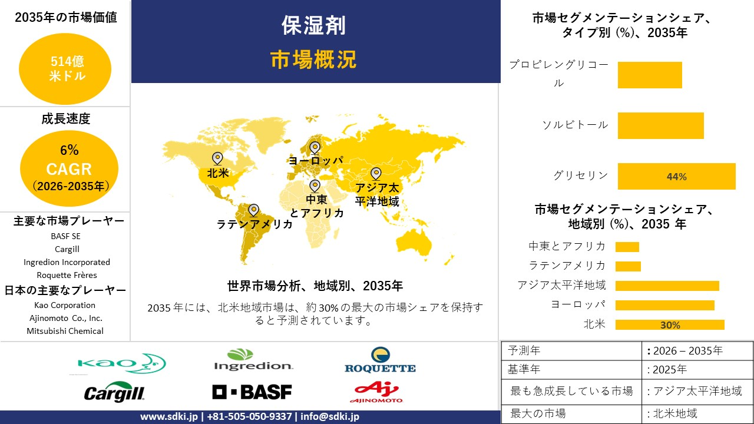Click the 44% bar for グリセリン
pos(677,176)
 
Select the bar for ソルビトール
pos(661,125)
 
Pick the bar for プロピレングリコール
pos(650,75)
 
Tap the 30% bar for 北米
pos(670,324)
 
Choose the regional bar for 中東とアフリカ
pos(627,247)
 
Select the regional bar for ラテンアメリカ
pos(628,266)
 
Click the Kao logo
pos(122,363)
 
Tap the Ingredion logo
pos(253,360)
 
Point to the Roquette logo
pos(380,360)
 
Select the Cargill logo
pos(114,392)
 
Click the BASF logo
pos(252,392)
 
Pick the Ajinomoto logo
pos(376,392)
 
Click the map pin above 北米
pos(217,158)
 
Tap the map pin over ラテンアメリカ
pos(253,210)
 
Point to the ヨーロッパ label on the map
pos(316,161)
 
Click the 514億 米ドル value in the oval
pos(67,69)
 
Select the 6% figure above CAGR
pos(70,150)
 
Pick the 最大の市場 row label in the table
pos(538,413)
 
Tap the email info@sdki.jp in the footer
pos(330,416)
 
